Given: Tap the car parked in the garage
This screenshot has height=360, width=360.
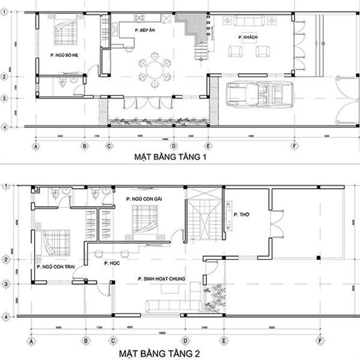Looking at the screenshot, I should [x=259, y=94].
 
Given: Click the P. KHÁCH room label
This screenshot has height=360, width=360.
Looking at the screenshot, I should [x=248, y=38].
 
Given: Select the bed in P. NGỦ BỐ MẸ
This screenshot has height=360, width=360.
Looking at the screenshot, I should [x=66, y=31].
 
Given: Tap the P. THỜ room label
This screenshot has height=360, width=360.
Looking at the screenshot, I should [x=241, y=214].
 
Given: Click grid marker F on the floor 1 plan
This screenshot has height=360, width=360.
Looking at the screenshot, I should [x=295, y=146].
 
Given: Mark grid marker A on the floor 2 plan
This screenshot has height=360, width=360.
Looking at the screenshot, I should [x=30, y=341].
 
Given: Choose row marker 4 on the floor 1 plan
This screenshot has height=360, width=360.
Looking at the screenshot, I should [x=4, y=127].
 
